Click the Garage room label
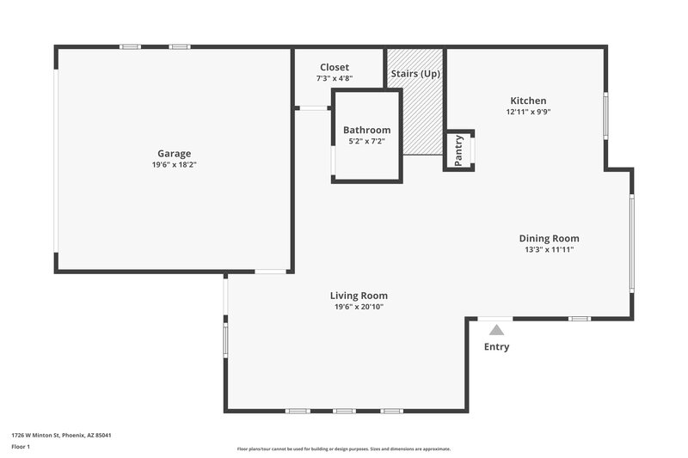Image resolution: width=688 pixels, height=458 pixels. tap(174, 154)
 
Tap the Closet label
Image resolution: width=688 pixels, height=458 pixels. tap(335, 67)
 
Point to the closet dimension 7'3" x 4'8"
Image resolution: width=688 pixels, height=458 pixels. tap(335, 78)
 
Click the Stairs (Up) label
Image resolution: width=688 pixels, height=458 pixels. tap(415, 74)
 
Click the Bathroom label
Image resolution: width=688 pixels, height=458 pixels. tap(366, 130)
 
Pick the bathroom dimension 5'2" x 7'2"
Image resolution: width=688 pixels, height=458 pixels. tap(366, 141)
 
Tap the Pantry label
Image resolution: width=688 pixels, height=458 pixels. tap(458, 151)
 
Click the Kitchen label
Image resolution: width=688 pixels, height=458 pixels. tap(528, 101)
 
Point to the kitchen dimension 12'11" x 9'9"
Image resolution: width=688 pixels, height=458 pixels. tap(528, 112)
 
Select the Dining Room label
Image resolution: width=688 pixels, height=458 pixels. tap(549, 238)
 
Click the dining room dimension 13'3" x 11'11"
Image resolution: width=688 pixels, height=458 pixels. tap(549, 249)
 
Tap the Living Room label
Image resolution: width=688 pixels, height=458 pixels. tap(359, 296)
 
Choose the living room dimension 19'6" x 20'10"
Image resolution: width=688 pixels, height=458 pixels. tap(359, 307)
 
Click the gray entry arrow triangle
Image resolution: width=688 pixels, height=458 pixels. tap(495, 329)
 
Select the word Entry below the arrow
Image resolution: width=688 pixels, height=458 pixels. tap(496, 347)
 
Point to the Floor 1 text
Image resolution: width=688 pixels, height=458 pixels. tap(21, 448)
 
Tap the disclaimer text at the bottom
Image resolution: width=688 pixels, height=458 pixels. tap(344, 449)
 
